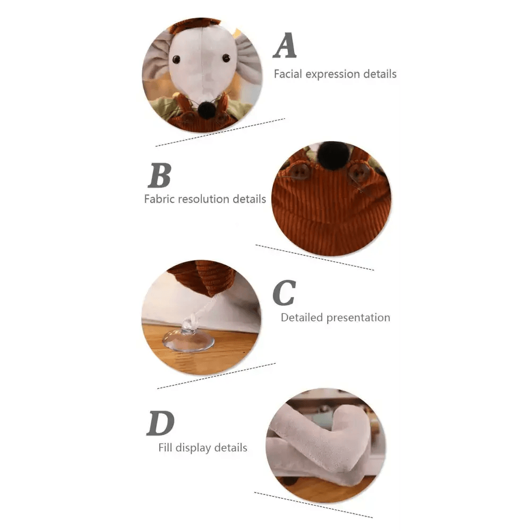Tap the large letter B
pyautogui.click(x=159, y=175)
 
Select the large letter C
pyautogui.click(x=284, y=293)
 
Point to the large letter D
pyautogui.click(x=160, y=423)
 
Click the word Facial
pyautogui.click(x=288, y=74)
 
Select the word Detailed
pyautogui.click(x=302, y=318)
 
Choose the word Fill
pyautogui.click(x=165, y=447)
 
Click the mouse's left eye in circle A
pyautogui.click(x=176, y=59)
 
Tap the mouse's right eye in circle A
pyautogui.click(x=226, y=58)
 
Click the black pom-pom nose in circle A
pyautogui.click(x=207, y=109)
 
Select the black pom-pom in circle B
pyautogui.click(x=333, y=155)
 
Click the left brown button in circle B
pyautogui.click(x=299, y=172)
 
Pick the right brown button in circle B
pyautogui.click(x=359, y=173)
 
